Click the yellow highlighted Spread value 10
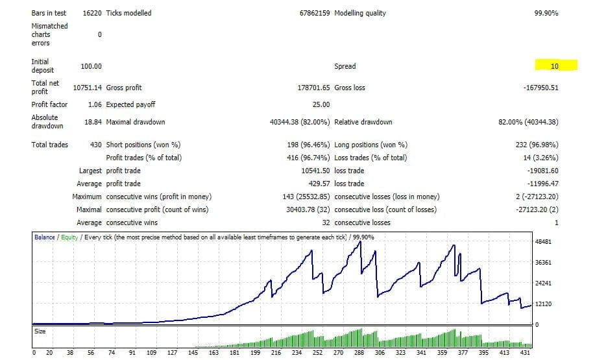[x=555, y=66]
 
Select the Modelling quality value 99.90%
[x=546, y=13]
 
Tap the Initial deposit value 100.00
[x=91, y=66]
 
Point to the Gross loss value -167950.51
[x=540, y=88]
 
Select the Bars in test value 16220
[x=91, y=13]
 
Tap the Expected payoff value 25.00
[x=321, y=104]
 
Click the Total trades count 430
[x=95, y=145]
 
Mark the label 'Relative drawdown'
[x=363, y=122]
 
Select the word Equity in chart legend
[x=69, y=237]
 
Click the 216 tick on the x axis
[x=276, y=353]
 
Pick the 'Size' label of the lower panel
[x=40, y=331]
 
